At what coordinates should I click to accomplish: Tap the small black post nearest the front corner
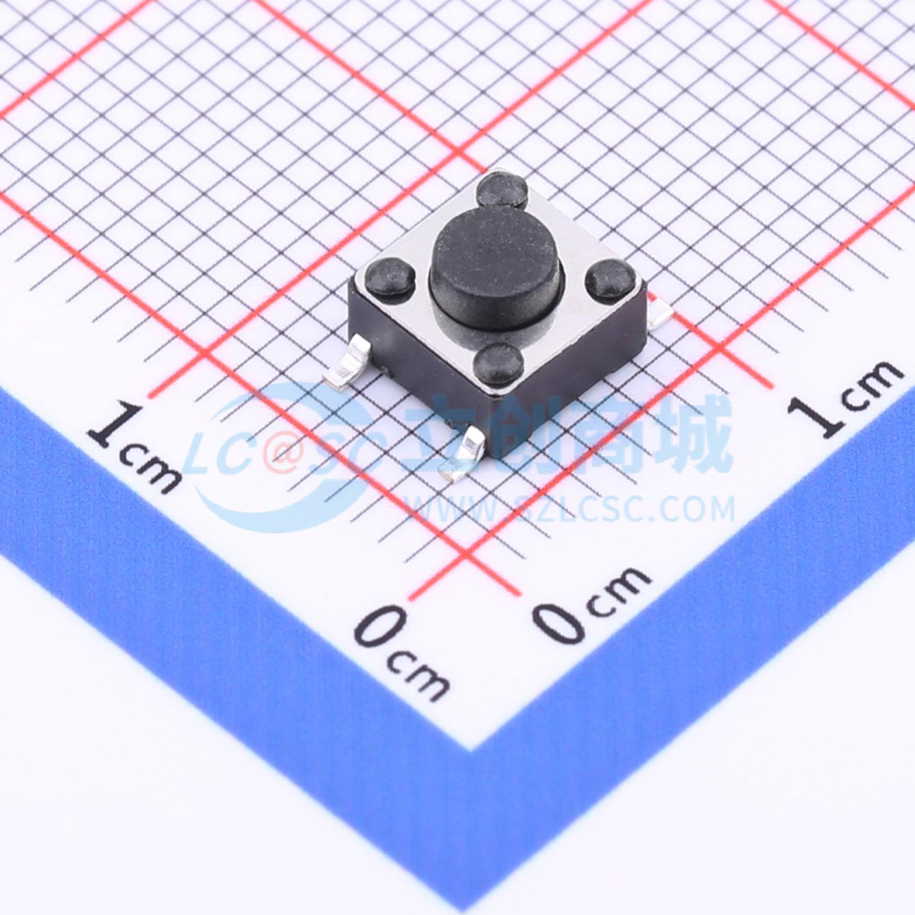[498, 364]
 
